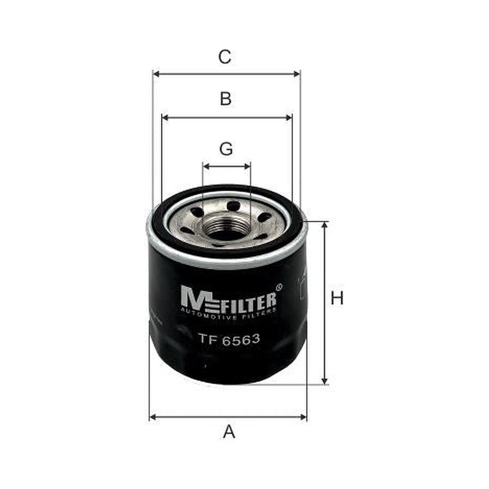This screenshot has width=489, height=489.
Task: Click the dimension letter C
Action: click(224, 57)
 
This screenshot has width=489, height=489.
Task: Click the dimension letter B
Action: click(225, 98)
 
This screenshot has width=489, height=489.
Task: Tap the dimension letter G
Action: click(226, 149)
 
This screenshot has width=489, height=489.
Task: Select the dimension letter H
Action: click(337, 298)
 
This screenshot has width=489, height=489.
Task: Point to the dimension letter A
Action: click(229, 431)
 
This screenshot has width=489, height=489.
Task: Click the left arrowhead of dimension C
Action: click(156, 74)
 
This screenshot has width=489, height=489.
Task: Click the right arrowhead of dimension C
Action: click(297, 74)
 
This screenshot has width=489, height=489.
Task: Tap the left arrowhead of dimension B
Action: click(166, 117)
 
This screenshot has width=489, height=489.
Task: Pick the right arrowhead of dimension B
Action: click(289, 117)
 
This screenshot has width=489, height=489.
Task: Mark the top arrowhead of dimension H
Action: click(325, 225)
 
